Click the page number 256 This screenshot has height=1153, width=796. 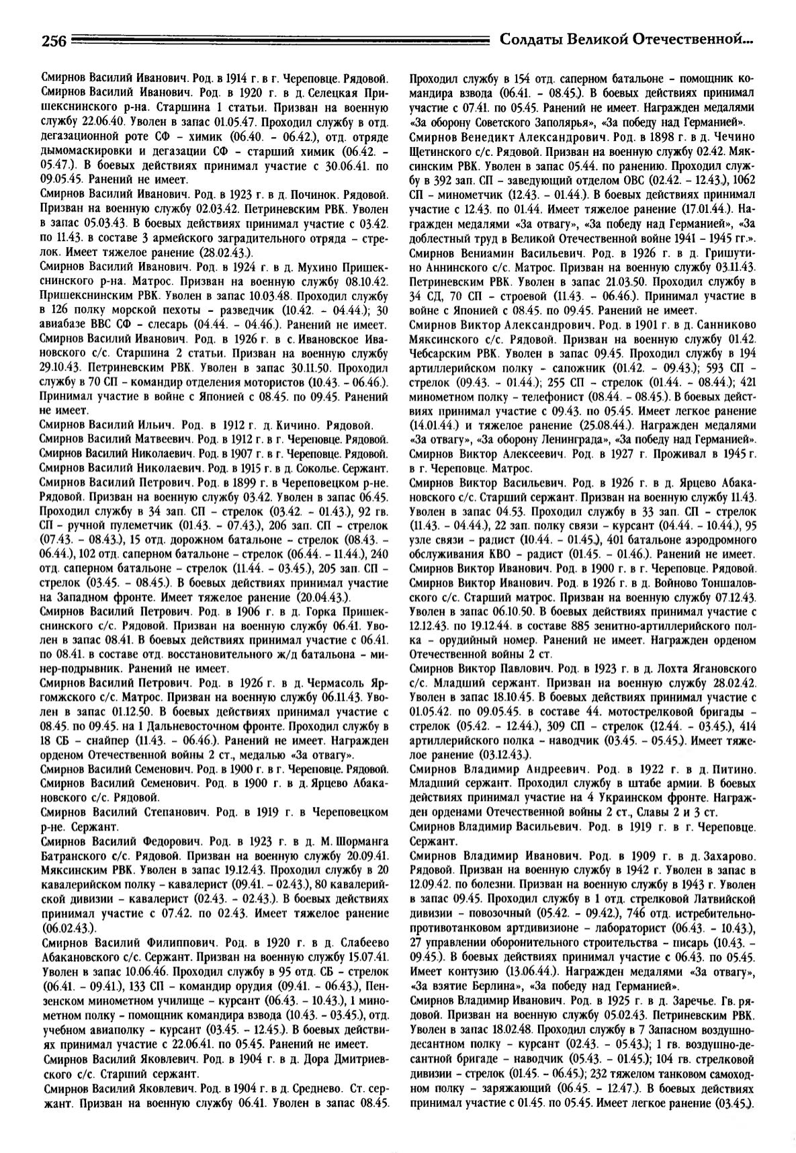(53, 41)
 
